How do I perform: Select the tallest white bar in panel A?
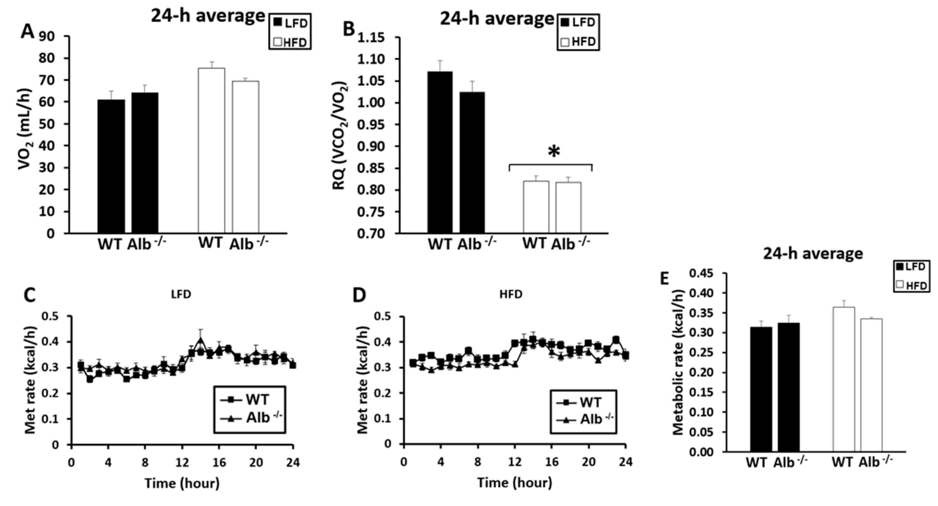[x=211, y=150]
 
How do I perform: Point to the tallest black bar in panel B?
[x=440, y=152]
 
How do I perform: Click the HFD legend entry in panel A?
[x=290, y=42]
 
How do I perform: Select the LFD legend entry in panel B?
[x=578, y=23]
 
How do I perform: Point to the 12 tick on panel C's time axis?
[x=182, y=463]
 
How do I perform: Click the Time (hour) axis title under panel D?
[x=514, y=483]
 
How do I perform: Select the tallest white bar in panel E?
[x=844, y=379]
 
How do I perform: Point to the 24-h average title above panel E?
[x=813, y=253]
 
